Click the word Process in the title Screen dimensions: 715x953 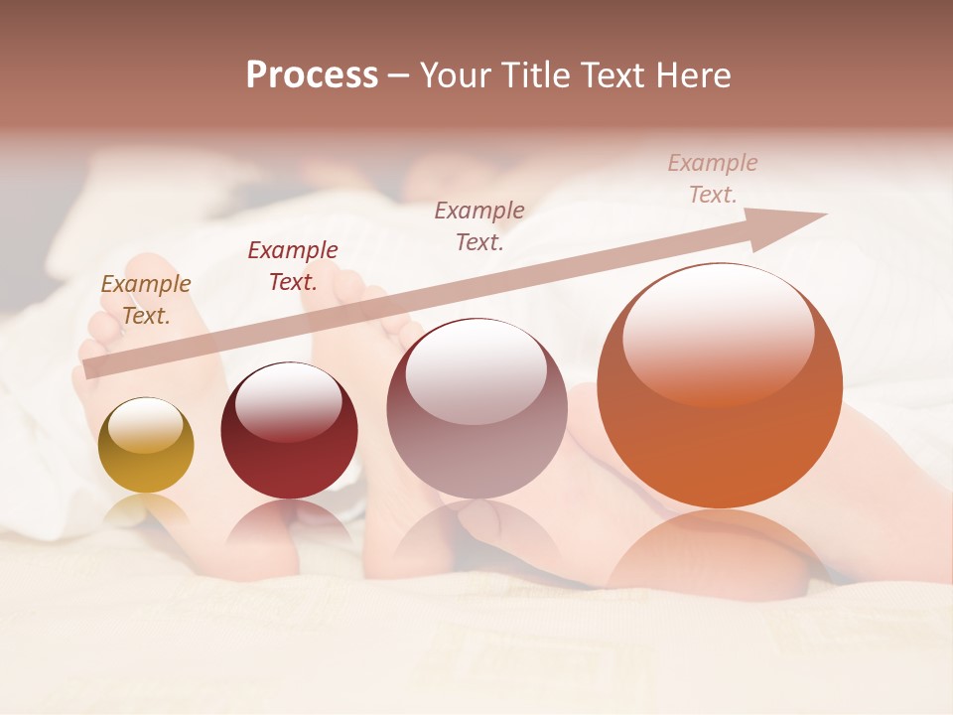[312, 75]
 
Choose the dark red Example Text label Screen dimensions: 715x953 [293, 266]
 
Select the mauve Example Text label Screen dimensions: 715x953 [479, 225]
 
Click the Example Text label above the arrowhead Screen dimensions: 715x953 [713, 179]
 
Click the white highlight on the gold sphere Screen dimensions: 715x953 [145, 425]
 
